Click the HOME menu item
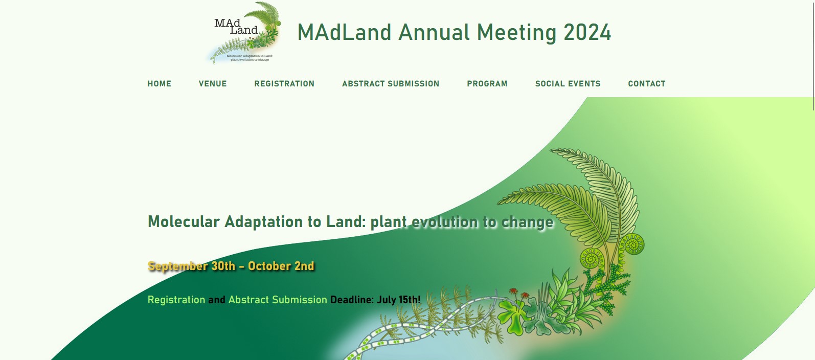click(x=160, y=84)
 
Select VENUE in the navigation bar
click(x=213, y=84)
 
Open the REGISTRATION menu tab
click(x=284, y=84)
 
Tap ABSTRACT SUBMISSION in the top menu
click(x=391, y=84)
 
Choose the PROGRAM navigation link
click(x=487, y=84)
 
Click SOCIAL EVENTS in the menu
click(x=568, y=84)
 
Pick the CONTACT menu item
click(x=647, y=84)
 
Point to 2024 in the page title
click(x=587, y=32)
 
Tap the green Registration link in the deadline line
click(x=176, y=300)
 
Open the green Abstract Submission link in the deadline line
click(x=278, y=300)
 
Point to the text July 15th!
click(x=398, y=300)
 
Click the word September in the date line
click(x=177, y=266)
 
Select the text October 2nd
click(x=281, y=266)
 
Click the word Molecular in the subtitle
click(x=184, y=222)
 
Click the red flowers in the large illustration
click(x=519, y=294)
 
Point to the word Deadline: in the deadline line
click(x=352, y=300)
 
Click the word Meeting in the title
click(x=516, y=32)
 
